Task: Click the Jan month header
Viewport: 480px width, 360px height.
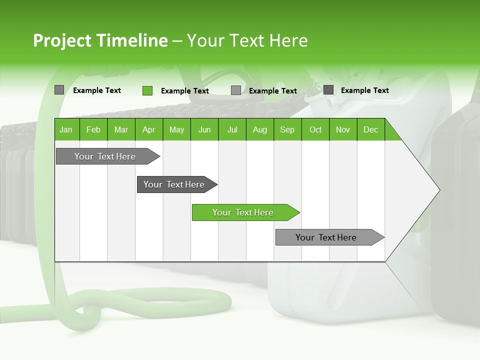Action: click(x=66, y=129)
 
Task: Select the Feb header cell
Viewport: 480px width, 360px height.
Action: click(x=93, y=129)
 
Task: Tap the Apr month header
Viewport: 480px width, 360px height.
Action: click(x=148, y=129)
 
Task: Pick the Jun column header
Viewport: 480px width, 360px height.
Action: click(x=204, y=129)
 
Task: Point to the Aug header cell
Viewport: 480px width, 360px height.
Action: click(x=259, y=129)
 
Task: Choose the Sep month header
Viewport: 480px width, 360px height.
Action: click(x=287, y=129)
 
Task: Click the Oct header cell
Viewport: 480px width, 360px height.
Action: click(x=315, y=129)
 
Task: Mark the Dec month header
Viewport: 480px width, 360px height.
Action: click(x=370, y=129)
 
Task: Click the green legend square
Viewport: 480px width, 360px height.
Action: click(x=147, y=90)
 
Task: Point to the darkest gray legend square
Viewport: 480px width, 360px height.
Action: click(x=328, y=90)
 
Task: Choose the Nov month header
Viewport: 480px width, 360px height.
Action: click(x=343, y=129)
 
